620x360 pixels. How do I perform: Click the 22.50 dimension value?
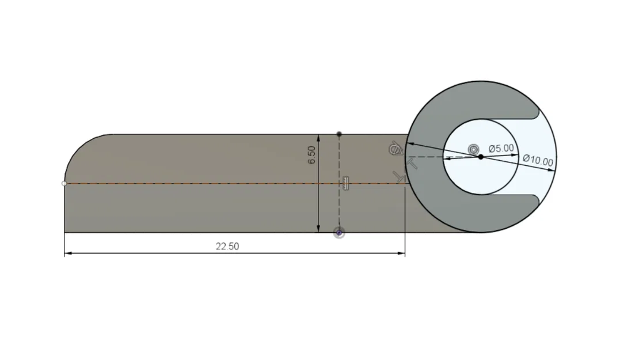(227, 247)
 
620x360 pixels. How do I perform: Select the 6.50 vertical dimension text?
(312, 154)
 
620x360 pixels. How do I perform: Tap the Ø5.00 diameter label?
(501, 148)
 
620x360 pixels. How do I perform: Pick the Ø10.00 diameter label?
(538, 161)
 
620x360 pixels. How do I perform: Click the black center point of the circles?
(481, 157)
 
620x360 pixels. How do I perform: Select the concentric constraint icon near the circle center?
(473, 149)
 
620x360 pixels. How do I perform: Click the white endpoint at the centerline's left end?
(64, 183)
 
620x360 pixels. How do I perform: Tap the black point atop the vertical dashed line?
(339, 134)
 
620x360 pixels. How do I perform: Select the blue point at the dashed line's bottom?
(339, 233)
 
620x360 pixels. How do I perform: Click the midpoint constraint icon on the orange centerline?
(345, 183)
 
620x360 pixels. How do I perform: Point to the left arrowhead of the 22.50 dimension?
(67, 253)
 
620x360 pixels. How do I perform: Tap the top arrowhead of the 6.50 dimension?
(318, 137)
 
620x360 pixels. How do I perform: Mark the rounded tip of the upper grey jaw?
(538, 110)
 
